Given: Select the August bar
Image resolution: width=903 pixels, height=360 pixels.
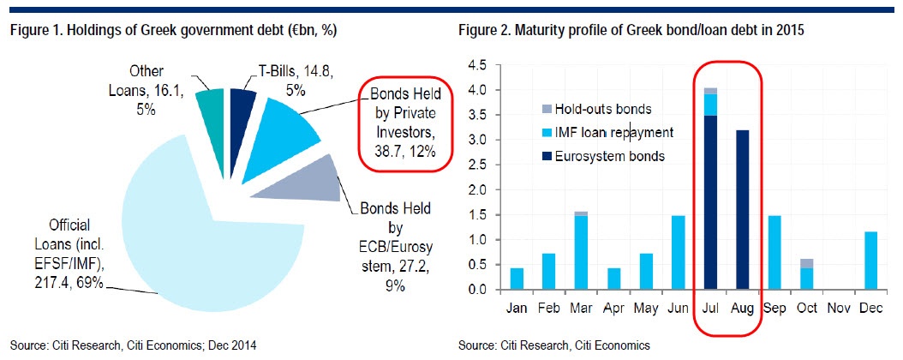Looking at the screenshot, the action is [742, 210].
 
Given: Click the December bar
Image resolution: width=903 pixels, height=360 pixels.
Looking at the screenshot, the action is [870, 261].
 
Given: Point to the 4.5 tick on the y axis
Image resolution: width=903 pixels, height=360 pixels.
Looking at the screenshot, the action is [484, 66].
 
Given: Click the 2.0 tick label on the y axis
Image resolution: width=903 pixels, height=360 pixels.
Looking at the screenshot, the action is [484, 190].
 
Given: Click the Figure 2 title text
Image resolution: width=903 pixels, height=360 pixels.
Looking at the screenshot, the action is [631, 32].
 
